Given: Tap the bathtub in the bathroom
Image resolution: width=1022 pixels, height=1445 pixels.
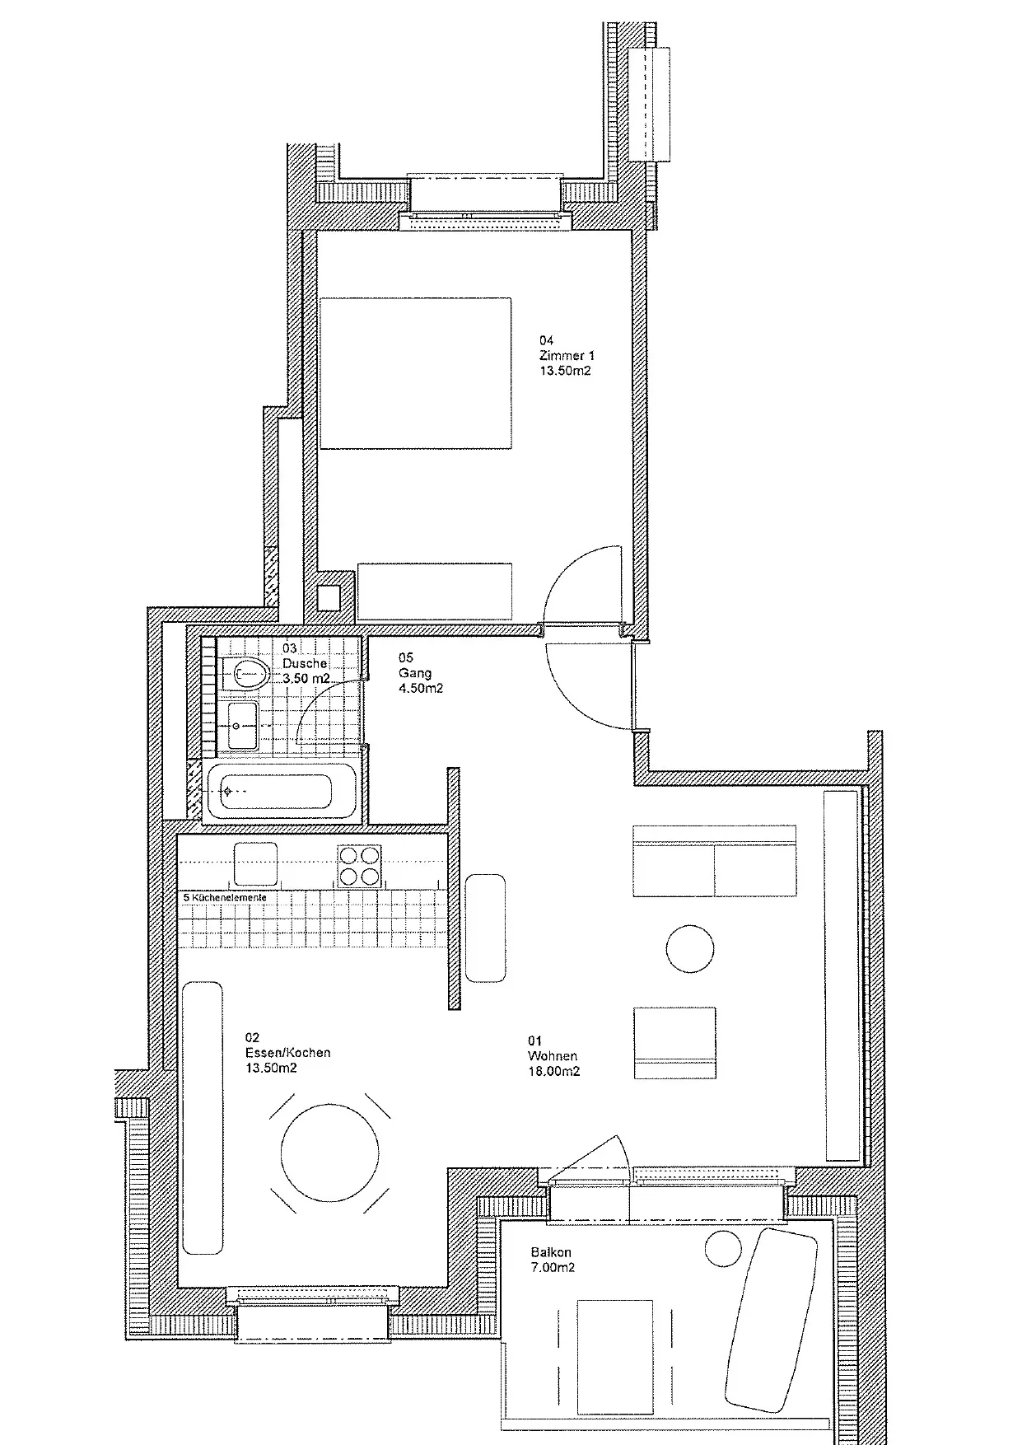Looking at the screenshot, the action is (280, 791).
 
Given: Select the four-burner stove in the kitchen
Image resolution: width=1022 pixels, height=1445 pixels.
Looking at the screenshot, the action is (360, 865).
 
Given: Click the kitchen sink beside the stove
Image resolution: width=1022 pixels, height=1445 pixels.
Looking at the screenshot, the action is (255, 864).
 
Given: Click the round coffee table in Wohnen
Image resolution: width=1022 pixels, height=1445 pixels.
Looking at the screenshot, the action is (690, 948).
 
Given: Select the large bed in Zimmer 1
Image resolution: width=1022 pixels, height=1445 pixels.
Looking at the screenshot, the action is (415, 373).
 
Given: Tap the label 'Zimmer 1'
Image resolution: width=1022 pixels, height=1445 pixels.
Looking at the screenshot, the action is (567, 356).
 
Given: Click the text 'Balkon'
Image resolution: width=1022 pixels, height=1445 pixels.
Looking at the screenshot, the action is (552, 1253).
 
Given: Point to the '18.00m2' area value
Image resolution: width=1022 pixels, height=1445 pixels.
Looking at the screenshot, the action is (553, 1072).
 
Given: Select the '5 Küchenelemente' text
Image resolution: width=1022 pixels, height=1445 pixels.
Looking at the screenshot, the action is (225, 897).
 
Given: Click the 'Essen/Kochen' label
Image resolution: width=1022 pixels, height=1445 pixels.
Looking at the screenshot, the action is (287, 1053).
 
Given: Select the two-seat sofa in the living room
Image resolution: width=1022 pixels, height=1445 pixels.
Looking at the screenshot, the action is (715, 861).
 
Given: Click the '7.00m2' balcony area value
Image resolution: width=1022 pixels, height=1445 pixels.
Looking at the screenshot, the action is (553, 1268).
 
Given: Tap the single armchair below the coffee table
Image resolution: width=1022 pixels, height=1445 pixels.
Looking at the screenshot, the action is (674, 1043).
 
